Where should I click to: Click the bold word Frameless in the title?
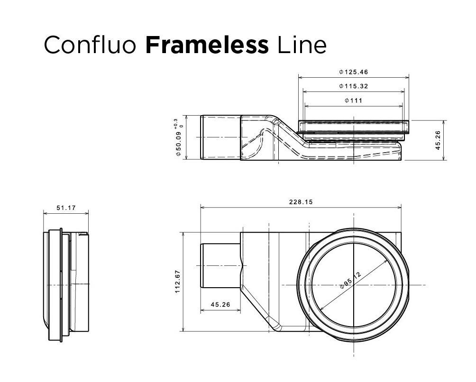(207, 45)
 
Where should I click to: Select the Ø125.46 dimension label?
(354, 72)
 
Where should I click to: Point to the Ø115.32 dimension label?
(354, 86)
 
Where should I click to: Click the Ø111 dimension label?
(354, 100)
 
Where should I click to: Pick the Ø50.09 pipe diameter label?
(179, 144)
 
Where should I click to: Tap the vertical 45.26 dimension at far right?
(438, 140)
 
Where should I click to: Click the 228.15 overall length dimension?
(301, 202)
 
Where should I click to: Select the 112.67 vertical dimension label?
(178, 282)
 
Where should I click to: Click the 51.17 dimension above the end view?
(66, 208)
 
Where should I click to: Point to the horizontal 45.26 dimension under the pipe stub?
(220, 305)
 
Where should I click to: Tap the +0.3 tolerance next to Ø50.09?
(176, 123)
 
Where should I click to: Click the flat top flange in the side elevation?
(353, 126)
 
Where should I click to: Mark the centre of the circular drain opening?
(354, 285)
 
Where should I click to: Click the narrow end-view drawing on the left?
(66, 284)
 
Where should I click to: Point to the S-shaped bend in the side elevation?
(284, 135)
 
